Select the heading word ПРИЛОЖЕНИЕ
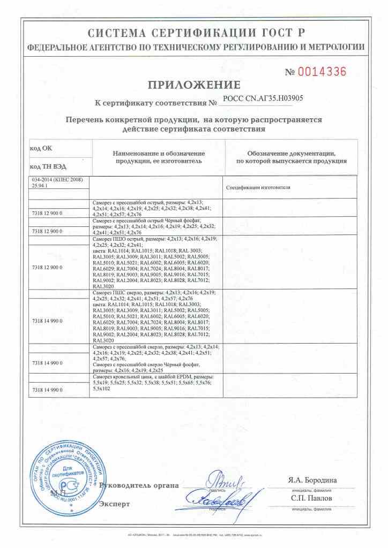pyautogui.click(x=194, y=85)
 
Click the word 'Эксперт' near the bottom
pyautogui.click(x=115, y=504)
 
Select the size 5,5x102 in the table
pyautogui.click(x=101, y=389)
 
